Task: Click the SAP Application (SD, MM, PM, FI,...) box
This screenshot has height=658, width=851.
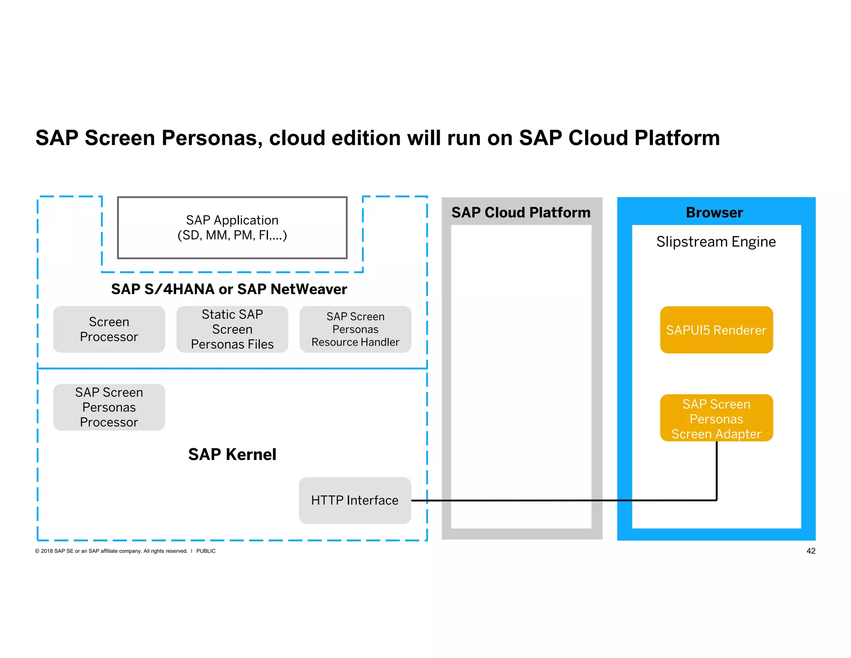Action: coord(232,228)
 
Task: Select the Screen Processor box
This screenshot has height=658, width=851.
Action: coord(109,329)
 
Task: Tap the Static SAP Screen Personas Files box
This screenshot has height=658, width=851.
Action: coord(232,329)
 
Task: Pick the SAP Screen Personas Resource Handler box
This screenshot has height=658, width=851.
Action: coord(355,329)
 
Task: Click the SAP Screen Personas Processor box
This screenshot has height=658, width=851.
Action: coord(109,407)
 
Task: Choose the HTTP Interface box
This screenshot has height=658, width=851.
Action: coord(354,500)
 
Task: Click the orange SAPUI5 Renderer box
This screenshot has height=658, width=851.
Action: coord(716,330)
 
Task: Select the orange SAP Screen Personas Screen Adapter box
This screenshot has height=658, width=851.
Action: coord(716,418)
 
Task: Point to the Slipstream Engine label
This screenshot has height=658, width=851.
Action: coord(716,242)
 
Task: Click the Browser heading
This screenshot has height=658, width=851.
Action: coord(714,213)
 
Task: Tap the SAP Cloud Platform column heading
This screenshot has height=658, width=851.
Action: coord(521,213)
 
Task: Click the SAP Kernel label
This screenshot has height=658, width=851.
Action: coord(232,454)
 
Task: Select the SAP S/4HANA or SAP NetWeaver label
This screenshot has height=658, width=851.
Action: coord(229,289)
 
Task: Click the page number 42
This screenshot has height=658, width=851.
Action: coord(810,551)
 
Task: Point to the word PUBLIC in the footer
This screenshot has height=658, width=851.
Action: coord(206,551)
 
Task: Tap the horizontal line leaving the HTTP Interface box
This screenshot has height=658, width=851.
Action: coord(519,500)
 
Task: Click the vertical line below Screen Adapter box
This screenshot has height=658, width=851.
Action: coord(716,470)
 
